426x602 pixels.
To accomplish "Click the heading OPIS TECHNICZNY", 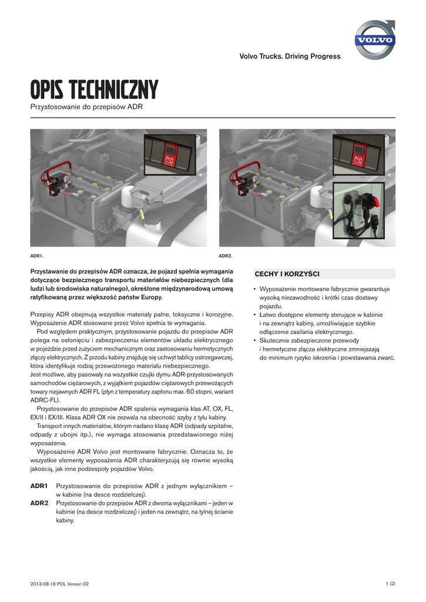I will click(94, 91).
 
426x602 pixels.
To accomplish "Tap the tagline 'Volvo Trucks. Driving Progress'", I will click(290, 56).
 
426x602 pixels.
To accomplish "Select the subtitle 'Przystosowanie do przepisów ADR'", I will click(86, 107).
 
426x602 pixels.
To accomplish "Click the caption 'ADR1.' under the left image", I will click(36, 256).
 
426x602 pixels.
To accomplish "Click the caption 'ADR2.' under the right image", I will click(226, 256).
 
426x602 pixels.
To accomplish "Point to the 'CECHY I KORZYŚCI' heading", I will click(287, 274).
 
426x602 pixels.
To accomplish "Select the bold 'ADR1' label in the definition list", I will click(39, 487).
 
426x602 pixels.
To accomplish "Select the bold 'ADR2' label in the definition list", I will click(39, 504).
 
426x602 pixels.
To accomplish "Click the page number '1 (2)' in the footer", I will click(390, 583).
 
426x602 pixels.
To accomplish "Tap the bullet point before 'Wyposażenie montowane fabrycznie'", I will click(254, 289).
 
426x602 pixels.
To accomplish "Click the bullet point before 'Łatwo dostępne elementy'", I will click(254, 315).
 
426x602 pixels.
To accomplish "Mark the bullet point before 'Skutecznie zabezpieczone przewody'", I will click(254, 341).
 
